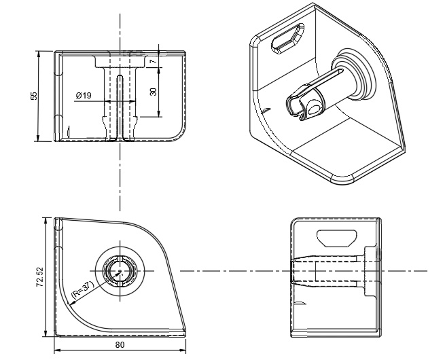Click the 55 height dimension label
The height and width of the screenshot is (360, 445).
[34, 96]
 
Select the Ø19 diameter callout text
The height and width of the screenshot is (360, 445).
[84, 95]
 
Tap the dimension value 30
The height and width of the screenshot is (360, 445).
[154, 92]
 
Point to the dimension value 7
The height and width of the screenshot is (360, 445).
[154, 61]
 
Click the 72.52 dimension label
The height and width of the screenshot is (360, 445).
[40, 277]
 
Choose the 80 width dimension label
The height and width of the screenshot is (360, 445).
[120, 344]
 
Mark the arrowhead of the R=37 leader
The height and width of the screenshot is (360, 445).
[71, 304]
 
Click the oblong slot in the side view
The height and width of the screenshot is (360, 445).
[337, 238]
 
